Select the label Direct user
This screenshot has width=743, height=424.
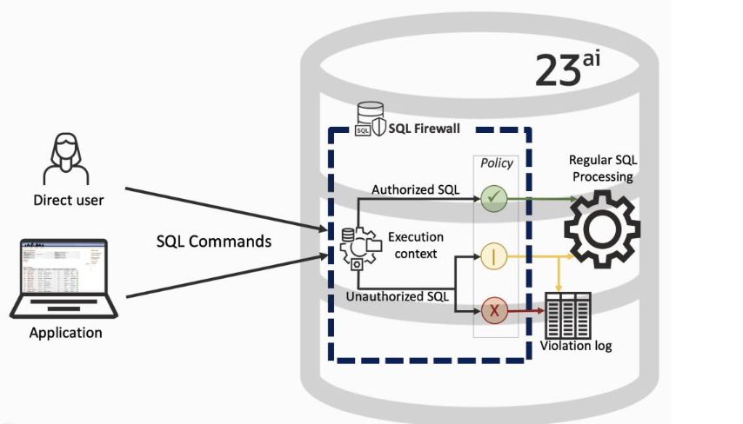68,201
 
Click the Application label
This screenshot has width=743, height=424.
65,333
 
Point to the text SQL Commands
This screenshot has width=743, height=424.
213,241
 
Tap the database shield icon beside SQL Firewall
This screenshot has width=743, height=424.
369,120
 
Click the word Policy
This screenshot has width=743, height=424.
496,162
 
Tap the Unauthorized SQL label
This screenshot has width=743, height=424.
398,296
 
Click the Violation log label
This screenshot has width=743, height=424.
576,346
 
